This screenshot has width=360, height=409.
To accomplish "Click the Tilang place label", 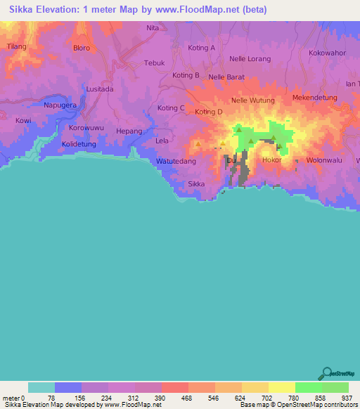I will (16, 46).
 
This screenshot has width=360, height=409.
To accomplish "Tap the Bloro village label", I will (82, 48).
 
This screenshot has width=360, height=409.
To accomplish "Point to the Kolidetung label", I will (79, 144).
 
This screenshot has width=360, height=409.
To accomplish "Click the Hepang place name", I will (129, 131).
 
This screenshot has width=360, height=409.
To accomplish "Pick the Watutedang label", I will (176, 161).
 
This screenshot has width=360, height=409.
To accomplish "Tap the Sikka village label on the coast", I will (197, 184).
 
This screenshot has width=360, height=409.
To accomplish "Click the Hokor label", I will (271, 160).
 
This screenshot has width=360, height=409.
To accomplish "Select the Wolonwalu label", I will (323, 160).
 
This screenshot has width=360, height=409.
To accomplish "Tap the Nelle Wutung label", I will (252, 100).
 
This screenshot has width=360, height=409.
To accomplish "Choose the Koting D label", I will (209, 112).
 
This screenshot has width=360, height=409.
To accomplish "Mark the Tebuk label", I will (154, 63).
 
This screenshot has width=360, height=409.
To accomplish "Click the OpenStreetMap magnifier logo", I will (325, 373).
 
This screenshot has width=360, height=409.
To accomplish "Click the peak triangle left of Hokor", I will (240, 131).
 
